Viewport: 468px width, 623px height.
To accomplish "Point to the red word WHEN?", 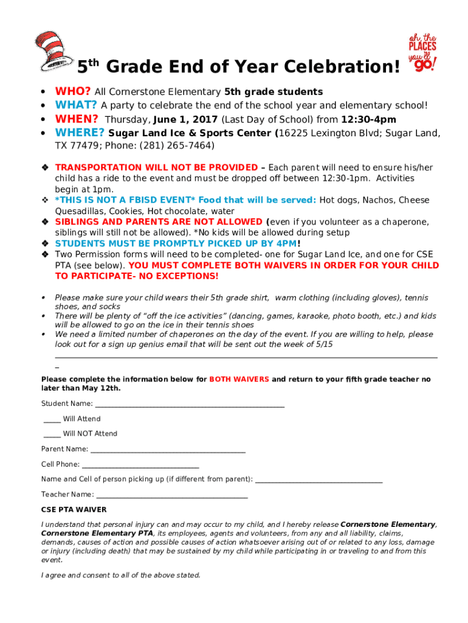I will tap(77, 119).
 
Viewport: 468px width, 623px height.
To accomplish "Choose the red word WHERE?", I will tap(80, 133).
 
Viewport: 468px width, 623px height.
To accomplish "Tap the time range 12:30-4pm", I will tap(368, 120).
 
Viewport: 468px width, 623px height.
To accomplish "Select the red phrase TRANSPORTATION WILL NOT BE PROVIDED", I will tap(156, 167).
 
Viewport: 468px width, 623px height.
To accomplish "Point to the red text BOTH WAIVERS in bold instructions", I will tap(239, 379).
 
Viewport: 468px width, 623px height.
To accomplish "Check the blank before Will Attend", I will tap(52, 420).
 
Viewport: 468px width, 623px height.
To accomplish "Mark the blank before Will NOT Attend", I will tap(52, 434).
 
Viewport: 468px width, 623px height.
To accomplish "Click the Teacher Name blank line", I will tap(172, 496).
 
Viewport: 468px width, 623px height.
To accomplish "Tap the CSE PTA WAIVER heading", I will tap(74, 509).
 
